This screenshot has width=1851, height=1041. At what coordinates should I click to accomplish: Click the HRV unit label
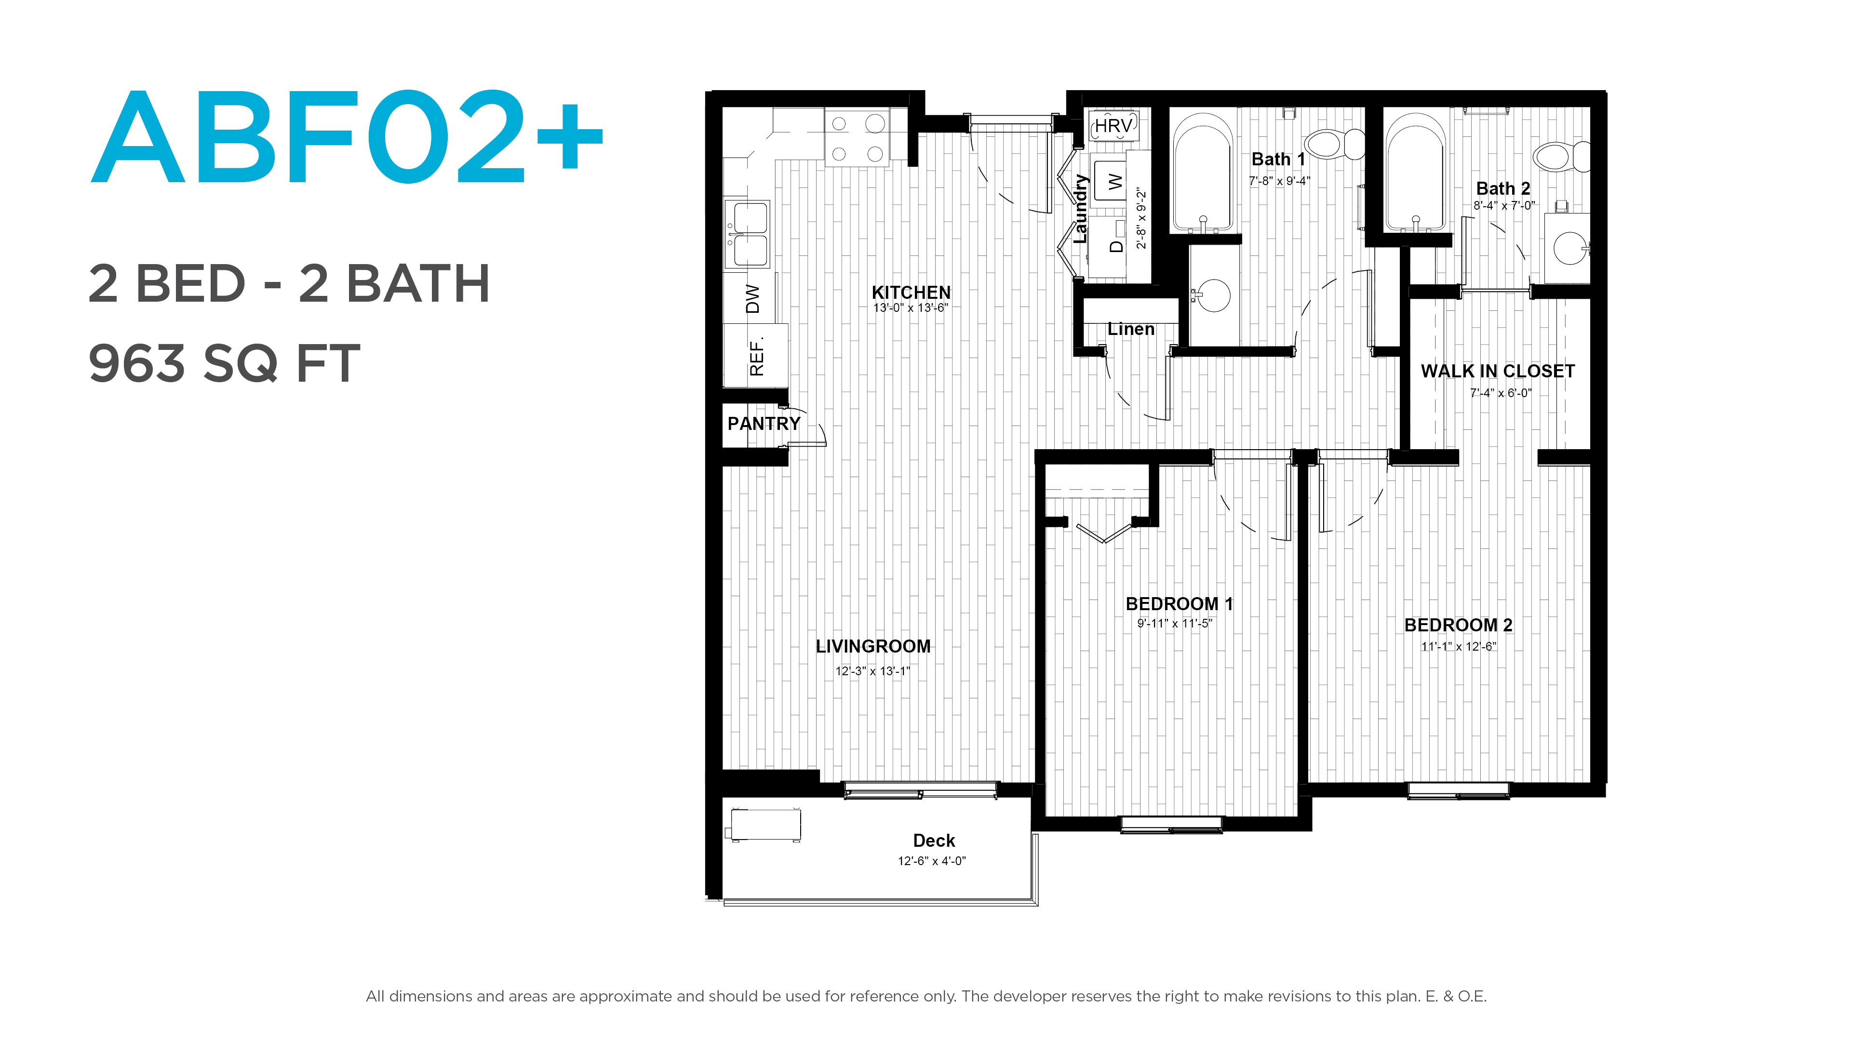tap(1113, 126)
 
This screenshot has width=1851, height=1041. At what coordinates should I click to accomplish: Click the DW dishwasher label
tap(752, 299)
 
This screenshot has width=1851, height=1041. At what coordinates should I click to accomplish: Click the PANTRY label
tap(764, 424)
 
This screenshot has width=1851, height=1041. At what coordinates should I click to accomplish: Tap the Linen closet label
tap(1131, 329)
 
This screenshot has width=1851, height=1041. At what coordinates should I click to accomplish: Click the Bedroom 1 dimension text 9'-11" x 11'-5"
tap(1174, 624)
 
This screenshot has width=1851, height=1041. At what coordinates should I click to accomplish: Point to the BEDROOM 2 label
tap(1458, 625)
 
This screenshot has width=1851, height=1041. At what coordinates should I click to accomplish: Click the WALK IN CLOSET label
tap(1498, 372)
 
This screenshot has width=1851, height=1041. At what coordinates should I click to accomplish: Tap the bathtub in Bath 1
tap(1203, 173)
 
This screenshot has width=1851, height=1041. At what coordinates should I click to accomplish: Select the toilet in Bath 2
tap(1561, 156)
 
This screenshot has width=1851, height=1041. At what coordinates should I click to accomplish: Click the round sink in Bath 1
tap(1213, 295)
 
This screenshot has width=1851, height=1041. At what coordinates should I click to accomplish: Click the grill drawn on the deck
tap(765, 825)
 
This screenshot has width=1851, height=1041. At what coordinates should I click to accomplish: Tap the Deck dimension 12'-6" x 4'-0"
tap(932, 861)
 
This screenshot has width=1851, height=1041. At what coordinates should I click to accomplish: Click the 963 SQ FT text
tap(224, 363)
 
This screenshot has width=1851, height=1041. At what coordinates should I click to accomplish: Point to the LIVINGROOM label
tap(873, 647)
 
